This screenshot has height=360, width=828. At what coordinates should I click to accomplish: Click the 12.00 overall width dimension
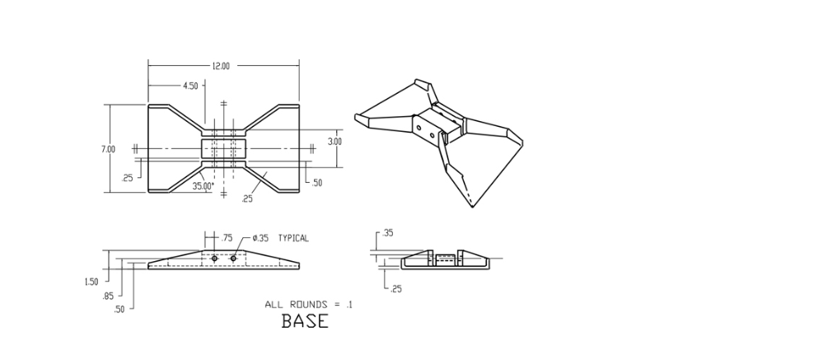point(221,66)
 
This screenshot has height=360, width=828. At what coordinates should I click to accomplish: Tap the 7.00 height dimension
point(108,149)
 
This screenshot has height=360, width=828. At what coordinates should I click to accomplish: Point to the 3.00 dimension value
point(334,141)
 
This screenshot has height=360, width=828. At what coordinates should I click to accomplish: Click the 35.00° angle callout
point(203,186)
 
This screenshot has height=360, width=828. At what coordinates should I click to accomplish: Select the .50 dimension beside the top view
point(316,183)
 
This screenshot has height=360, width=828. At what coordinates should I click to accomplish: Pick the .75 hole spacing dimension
point(227,238)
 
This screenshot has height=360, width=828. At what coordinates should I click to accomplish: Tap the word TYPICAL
point(293,238)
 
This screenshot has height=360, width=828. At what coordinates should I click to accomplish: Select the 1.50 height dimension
point(91,282)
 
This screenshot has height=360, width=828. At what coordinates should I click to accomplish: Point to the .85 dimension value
point(108,295)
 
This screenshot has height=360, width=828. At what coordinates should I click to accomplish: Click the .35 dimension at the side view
point(388,233)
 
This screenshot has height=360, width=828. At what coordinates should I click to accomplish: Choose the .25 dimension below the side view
point(396,289)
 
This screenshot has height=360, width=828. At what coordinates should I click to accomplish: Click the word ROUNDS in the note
point(311,305)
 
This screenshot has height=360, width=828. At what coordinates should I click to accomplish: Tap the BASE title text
point(305,321)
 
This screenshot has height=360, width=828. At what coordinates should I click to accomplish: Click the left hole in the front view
point(214,259)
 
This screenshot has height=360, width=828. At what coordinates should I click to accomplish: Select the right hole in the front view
point(233,259)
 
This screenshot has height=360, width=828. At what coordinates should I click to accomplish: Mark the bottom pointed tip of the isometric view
point(472,206)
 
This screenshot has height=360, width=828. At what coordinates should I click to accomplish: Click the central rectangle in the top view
point(223,149)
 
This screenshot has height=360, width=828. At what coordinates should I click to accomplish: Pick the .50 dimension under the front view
point(119,309)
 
